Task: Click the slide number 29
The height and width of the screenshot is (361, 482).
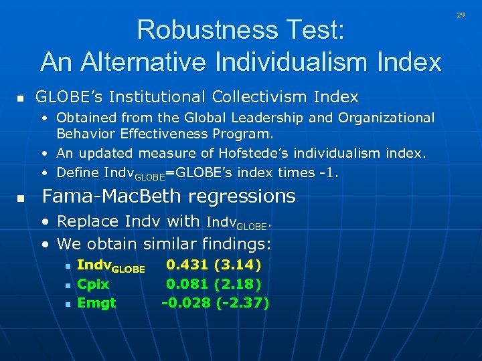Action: tap(461, 14)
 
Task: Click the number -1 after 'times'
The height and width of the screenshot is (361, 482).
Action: tap(328, 172)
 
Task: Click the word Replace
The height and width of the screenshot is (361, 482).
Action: tap(85, 221)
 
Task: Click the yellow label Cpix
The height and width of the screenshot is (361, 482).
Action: tap(93, 284)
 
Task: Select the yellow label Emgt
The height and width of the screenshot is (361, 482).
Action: tap(96, 304)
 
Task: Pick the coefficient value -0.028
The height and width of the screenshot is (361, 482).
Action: tap(185, 304)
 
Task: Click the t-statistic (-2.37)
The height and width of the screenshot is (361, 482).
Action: tap(243, 304)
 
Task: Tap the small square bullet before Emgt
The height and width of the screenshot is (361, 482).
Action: tap(68, 304)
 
